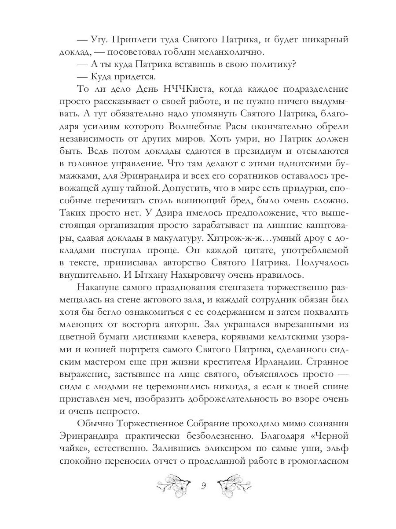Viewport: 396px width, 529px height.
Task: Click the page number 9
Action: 203,486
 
